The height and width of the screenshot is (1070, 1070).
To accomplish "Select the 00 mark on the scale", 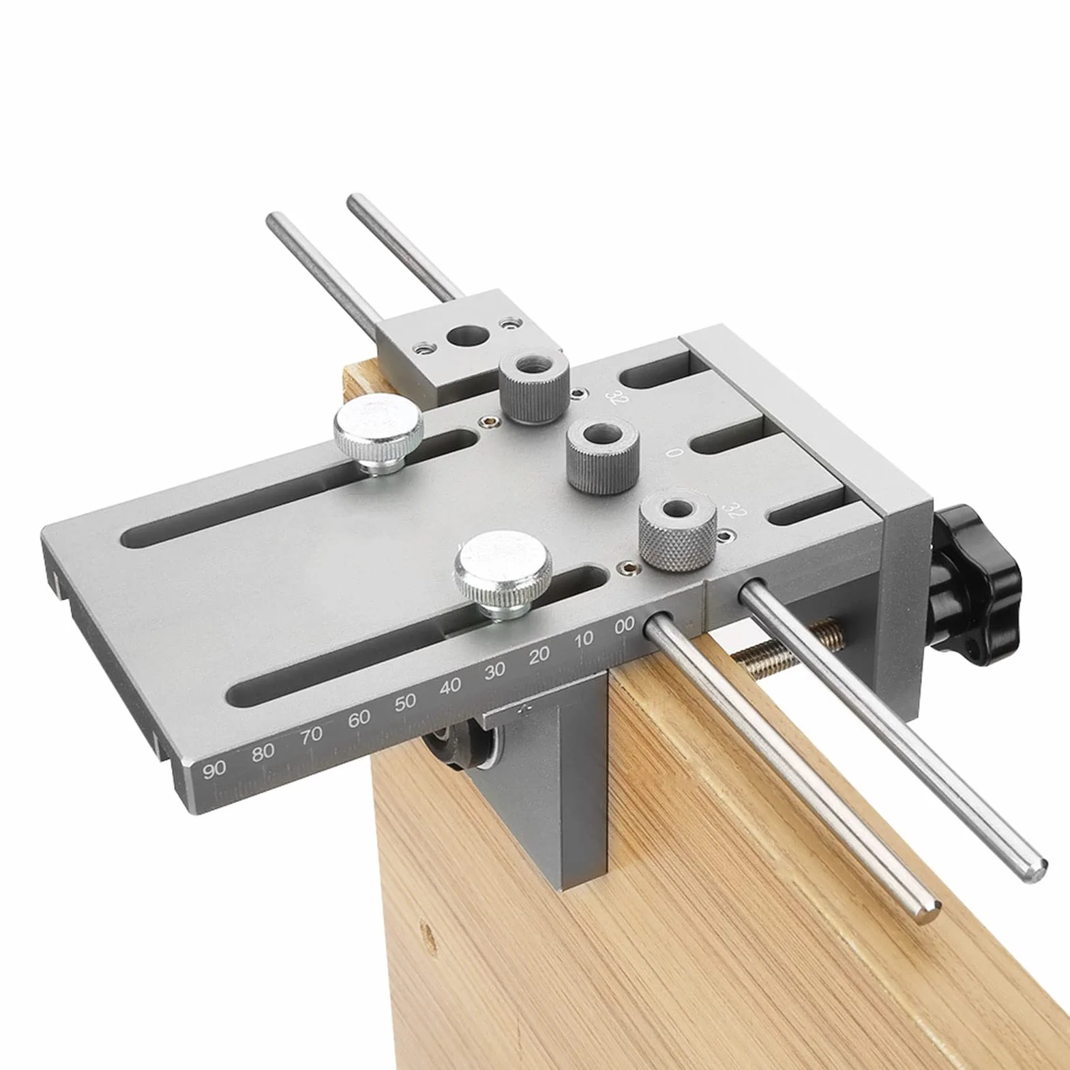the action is point(624,626).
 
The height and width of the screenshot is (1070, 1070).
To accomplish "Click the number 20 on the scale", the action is point(539,655).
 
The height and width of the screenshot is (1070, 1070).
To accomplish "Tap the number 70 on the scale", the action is point(311,735).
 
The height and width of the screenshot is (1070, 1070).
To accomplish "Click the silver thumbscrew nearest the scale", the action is point(504,575).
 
